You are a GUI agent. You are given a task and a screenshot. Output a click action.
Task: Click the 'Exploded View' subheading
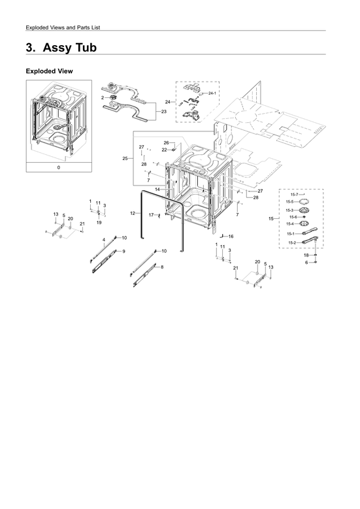(x=48, y=71)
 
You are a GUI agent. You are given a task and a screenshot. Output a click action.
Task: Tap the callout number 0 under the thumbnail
(x=58, y=167)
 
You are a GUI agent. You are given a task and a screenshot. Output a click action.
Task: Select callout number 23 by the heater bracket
(x=163, y=112)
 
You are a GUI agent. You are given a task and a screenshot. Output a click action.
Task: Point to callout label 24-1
(x=213, y=94)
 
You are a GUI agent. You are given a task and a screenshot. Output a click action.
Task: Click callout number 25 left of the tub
(x=125, y=159)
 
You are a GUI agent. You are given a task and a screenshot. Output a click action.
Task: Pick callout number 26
(x=166, y=142)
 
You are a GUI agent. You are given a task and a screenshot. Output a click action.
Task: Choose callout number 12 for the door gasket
(x=132, y=214)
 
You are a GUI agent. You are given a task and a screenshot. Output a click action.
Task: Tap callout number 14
(x=157, y=189)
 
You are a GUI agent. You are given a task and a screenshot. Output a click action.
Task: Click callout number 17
(x=150, y=214)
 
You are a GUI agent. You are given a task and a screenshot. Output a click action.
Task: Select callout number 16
(x=231, y=236)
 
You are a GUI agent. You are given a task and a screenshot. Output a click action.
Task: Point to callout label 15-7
(x=294, y=195)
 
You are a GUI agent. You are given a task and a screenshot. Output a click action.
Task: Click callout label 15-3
(x=289, y=210)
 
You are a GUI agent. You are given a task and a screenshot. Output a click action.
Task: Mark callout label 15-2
(x=291, y=242)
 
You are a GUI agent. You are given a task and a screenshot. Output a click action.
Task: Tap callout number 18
(x=306, y=255)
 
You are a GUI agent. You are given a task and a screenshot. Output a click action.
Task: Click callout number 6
(x=306, y=262)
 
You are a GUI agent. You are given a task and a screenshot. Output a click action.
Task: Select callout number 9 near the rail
(x=123, y=251)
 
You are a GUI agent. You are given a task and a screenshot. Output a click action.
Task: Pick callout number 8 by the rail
(x=161, y=267)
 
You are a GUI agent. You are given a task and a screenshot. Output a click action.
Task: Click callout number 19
(x=99, y=223)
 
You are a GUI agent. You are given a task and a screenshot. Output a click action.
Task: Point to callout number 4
(x=104, y=240)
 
